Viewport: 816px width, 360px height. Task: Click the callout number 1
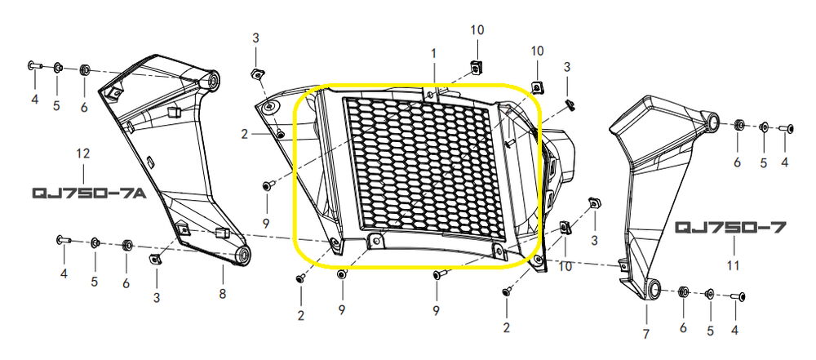pos(433,53)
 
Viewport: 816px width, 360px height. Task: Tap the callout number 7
pos(645,334)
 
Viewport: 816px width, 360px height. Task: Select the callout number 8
pos(223,294)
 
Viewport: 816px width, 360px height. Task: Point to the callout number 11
pos(733,265)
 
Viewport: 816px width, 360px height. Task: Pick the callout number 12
pos(82,153)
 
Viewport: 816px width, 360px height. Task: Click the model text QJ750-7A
pos(89,193)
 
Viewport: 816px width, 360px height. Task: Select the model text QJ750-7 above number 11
pos(730,228)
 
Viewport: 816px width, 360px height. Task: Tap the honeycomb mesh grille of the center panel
pos(417,164)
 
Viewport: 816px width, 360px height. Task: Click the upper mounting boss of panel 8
pos(212,80)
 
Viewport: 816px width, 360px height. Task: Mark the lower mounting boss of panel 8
pos(242,255)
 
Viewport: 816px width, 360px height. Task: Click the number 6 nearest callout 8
pos(126,283)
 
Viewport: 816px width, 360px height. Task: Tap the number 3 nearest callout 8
pos(157,297)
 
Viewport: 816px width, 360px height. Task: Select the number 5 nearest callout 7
pos(710,331)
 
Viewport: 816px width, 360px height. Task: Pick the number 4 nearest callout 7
pos(735,331)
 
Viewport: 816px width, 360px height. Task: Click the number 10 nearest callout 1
pos(477,29)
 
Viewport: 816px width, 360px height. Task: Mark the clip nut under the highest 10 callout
pos(475,66)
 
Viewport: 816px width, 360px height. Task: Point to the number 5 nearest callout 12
pos(56,106)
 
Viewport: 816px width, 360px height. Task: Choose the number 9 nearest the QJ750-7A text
pos(266,224)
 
